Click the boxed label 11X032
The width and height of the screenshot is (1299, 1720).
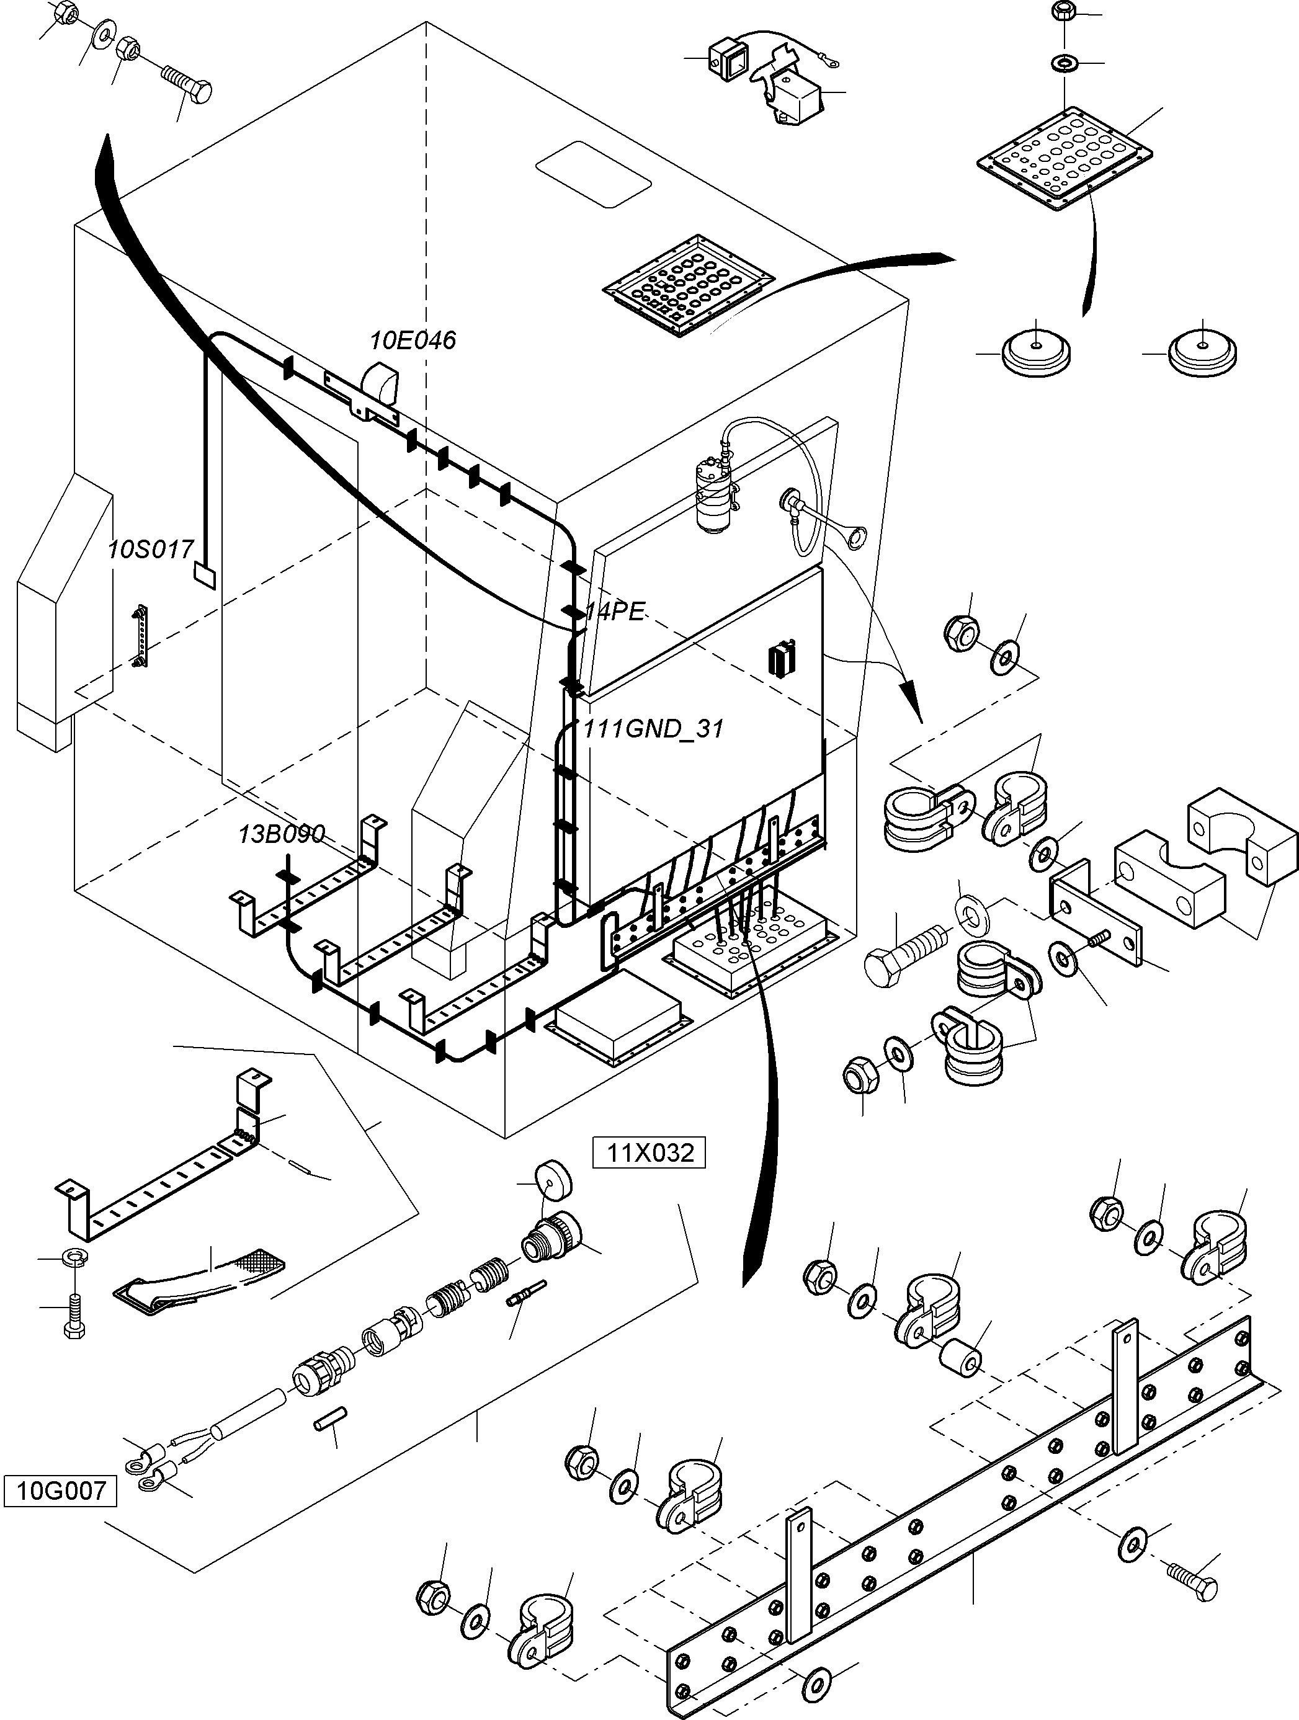[649, 1153]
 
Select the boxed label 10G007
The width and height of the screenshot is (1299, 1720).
[61, 1491]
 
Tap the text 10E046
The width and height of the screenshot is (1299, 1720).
[413, 340]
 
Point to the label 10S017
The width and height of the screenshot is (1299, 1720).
[150, 550]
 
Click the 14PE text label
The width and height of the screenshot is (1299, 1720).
[615, 612]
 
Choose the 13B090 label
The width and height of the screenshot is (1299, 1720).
[281, 834]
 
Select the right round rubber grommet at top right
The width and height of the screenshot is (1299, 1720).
[1202, 354]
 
